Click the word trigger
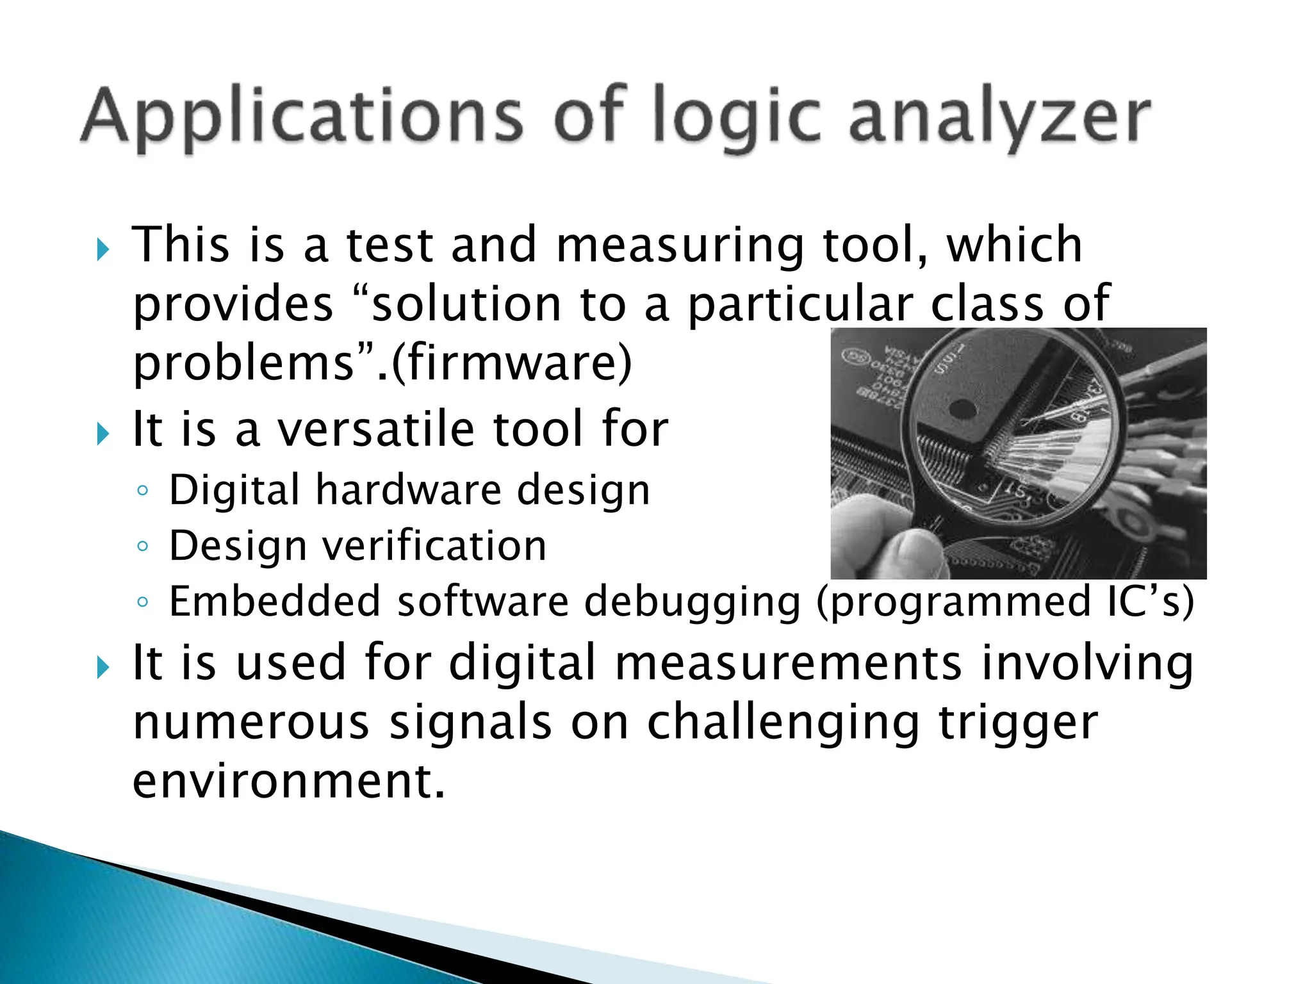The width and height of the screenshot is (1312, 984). (1019, 723)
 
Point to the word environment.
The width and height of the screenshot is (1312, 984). (288, 782)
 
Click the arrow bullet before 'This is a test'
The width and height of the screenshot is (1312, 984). (102, 249)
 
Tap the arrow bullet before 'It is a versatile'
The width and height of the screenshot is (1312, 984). (102, 434)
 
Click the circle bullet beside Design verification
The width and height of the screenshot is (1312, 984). (143, 546)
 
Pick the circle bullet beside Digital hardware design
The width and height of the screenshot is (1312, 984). (143, 491)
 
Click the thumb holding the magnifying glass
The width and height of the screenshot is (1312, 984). (897, 551)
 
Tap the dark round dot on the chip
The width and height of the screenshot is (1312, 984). (962, 408)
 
